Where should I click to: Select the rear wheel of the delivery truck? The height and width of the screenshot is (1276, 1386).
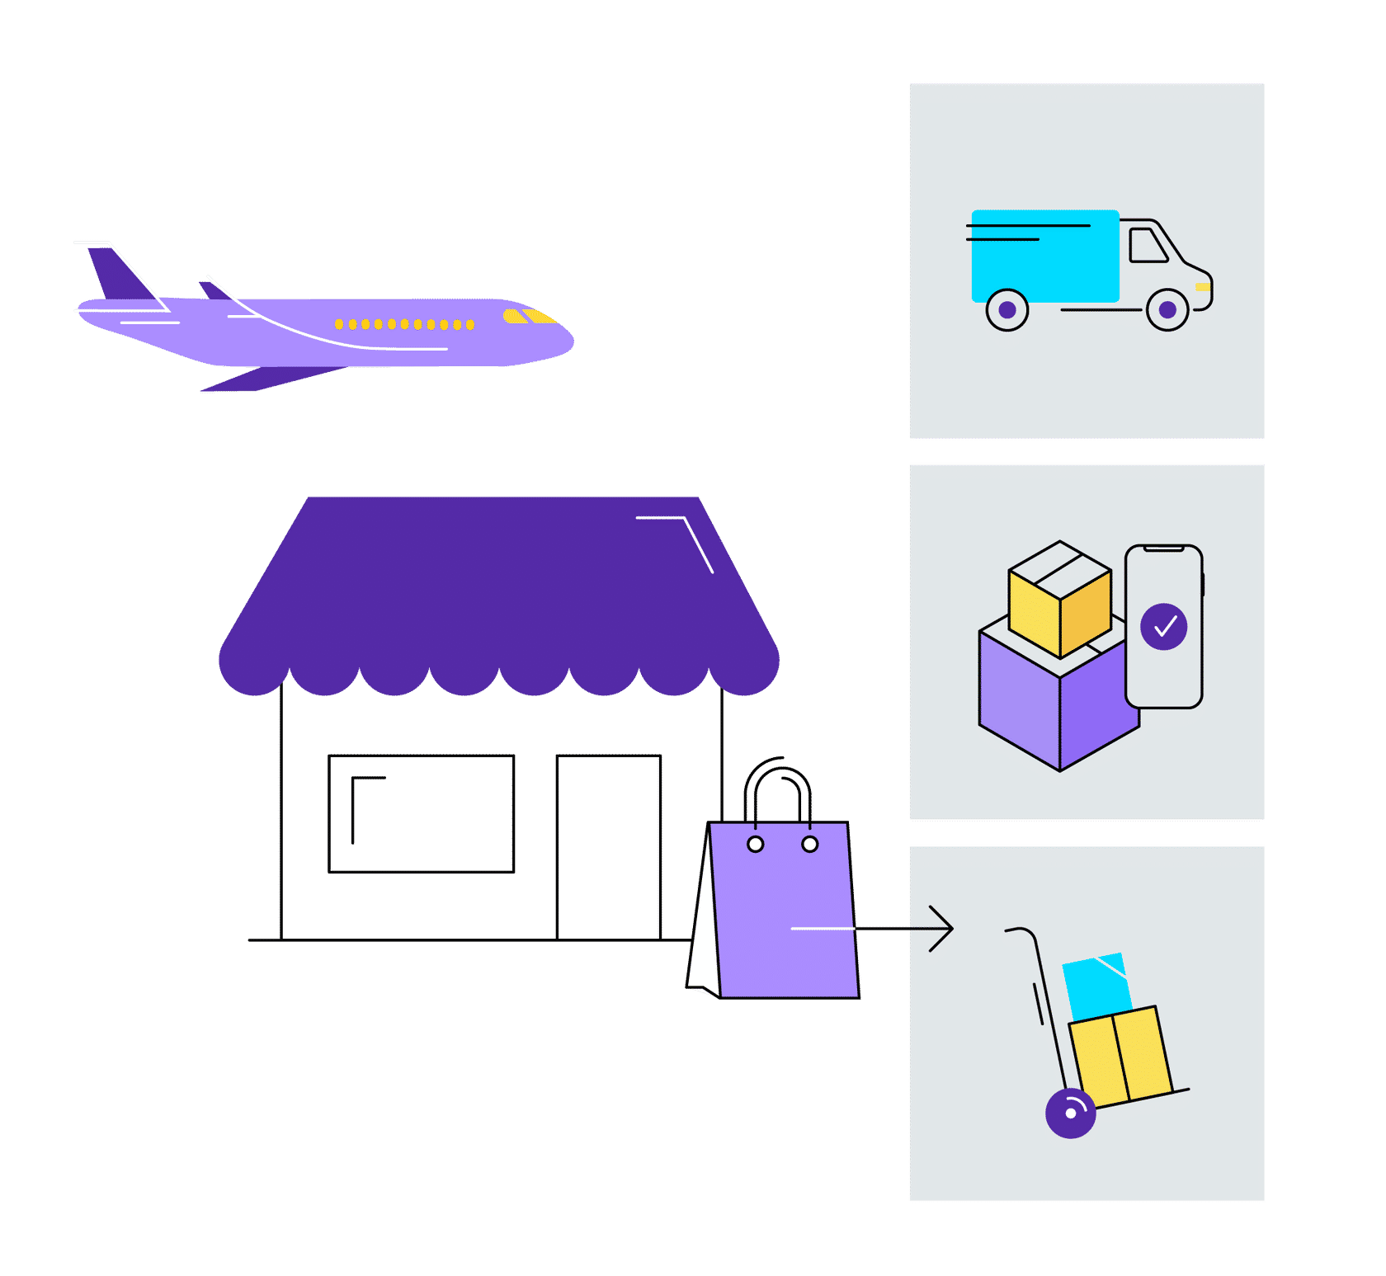click(x=1007, y=310)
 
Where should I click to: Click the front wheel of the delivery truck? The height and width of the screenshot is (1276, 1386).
click(x=1167, y=310)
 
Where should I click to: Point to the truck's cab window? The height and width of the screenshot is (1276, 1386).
click(x=1147, y=246)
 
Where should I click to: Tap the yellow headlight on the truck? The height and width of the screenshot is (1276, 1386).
click(x=1203, y=287)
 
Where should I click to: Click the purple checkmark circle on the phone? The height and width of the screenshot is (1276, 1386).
click(x=1163, y=627)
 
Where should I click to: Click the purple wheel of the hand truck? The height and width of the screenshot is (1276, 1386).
click(x=1070, y=1114)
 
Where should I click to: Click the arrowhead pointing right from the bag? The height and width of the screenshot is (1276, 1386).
click(x=944, y=929)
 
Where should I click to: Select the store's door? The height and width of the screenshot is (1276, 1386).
click(x=609, y=846)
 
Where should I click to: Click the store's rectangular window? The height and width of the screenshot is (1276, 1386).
click(x=422, y=813)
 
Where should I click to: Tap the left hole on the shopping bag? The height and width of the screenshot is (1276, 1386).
click(x=755, y=844)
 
